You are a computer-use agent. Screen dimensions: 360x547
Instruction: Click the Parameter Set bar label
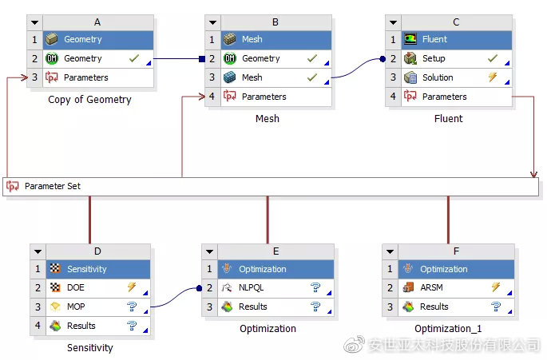(x=52, y=186)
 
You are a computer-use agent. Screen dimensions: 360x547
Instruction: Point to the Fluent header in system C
(x=434, y=39)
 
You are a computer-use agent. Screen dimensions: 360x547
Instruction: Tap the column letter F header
(x=456, y=250)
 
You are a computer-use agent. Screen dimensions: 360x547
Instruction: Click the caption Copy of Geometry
(x=89, y=100)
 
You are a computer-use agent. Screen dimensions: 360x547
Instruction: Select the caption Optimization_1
(x=448, y=328)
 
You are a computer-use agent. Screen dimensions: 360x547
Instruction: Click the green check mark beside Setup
(x=493, y=58)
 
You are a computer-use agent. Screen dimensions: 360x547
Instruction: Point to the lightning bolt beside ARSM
(x=495, y=287)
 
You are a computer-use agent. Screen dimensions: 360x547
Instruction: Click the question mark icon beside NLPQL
(x=315, y=287)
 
